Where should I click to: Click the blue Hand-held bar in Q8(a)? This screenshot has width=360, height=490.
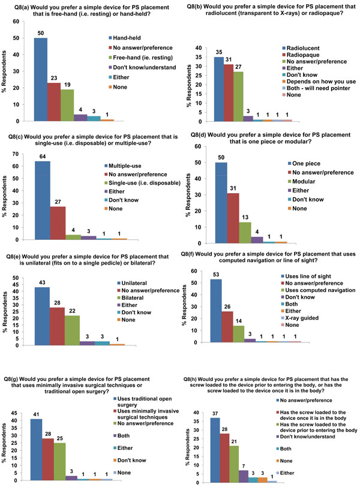point(40,78)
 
